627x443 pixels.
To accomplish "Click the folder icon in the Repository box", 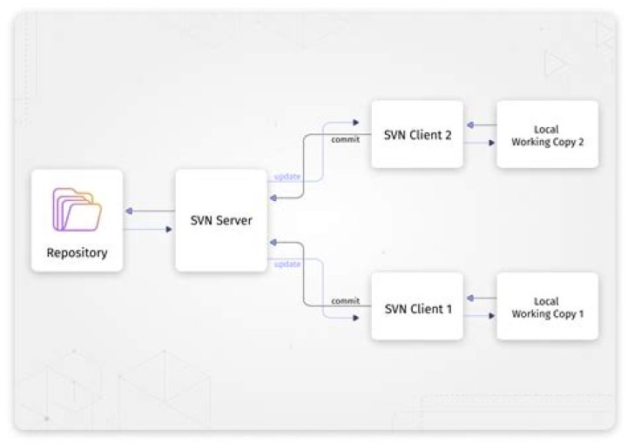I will pos(77,209).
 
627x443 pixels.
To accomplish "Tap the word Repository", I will pos(77,253).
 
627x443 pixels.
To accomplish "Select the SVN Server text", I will pos(221,220).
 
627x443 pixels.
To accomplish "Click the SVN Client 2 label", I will pos(417,135).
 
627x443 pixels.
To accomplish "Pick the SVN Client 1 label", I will pos(417,307).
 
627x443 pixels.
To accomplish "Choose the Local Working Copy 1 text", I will pos(546,307).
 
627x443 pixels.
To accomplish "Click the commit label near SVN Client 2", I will pos(345,139).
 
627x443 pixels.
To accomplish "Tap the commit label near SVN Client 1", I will pos(345,301).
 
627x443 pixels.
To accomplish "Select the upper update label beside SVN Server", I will pos(287,177).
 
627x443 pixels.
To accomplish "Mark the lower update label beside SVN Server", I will pos(287,264).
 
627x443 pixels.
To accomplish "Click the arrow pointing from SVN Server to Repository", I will pos(149,211).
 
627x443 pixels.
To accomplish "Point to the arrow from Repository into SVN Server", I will pos(149,230).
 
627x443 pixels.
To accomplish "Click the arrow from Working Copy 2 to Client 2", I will pos(480,125).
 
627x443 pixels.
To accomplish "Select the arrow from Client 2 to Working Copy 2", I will pos(480,144).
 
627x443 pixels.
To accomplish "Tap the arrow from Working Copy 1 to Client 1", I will pos(480,298).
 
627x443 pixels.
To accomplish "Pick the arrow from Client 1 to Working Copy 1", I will pos(480,316).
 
